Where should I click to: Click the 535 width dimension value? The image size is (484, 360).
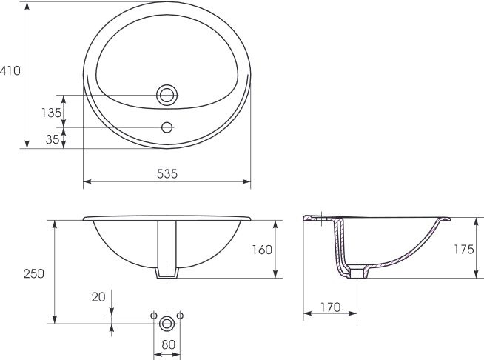tap(167, 173)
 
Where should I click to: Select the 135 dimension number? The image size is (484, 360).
tap(52, 113)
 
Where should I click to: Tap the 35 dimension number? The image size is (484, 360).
tap(52, 138)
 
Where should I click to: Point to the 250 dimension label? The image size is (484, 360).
tap(34, 273)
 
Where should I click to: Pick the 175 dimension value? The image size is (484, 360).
tap(463, 250)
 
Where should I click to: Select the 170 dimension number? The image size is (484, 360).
tap(330, 305)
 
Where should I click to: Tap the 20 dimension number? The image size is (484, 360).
tap(98, 298)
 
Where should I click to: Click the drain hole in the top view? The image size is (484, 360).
tap(167, 95)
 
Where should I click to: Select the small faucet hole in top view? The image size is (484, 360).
tap(167, 127)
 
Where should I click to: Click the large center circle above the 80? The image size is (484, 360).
tap(167, 323)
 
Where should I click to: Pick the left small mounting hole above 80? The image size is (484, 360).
tap(154, 316)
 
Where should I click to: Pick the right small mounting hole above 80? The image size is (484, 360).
tap(181, 316)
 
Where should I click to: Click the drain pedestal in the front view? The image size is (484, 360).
tap(167, 252)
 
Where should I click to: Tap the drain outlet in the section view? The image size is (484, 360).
tap(360, 272)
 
